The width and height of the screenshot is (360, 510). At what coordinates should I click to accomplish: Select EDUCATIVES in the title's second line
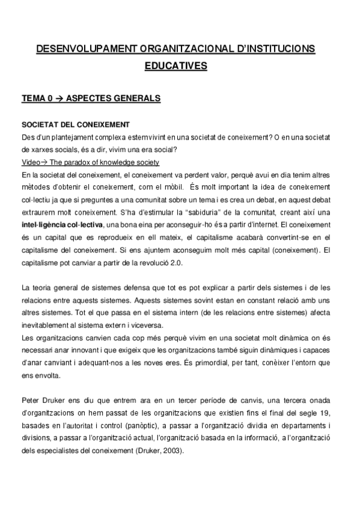tap(179, 66)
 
